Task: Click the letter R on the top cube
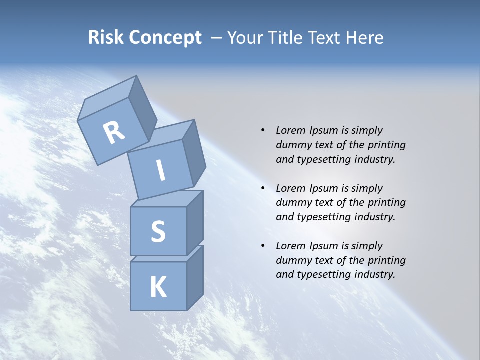[114, 133]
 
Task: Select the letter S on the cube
[158, 231]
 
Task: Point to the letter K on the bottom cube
[158, 287]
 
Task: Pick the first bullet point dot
[263, 130]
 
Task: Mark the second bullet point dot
[263, 188]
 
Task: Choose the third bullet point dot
[263, 246]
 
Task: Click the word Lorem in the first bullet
[290, 130]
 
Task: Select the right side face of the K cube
[195, 277]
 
